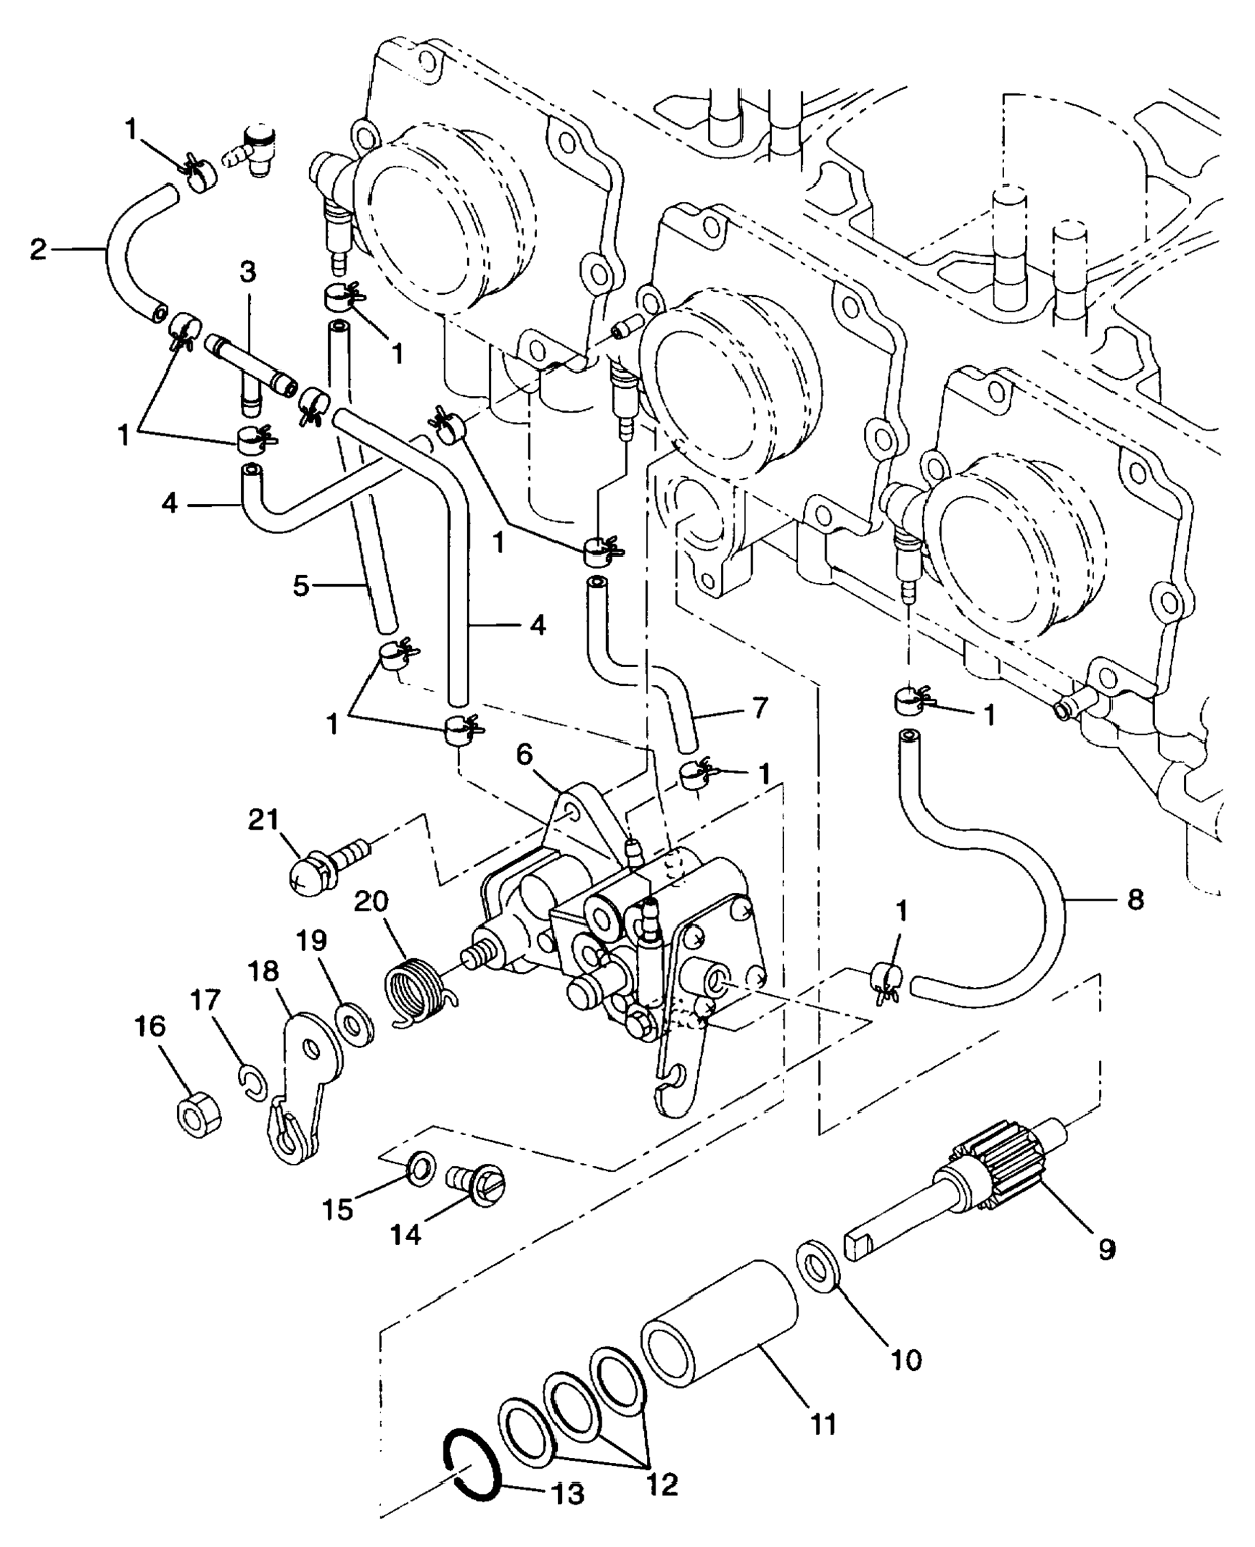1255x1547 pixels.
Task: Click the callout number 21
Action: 264,821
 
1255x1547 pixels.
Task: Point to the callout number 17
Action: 205,1001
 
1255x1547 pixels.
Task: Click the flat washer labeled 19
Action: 354,1022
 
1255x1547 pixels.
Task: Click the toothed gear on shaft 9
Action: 998,1177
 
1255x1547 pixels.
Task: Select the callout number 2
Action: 38,249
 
